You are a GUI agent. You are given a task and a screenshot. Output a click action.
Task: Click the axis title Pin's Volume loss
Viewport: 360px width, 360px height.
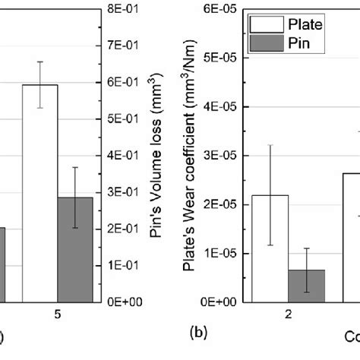click(x=158, y=156)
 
